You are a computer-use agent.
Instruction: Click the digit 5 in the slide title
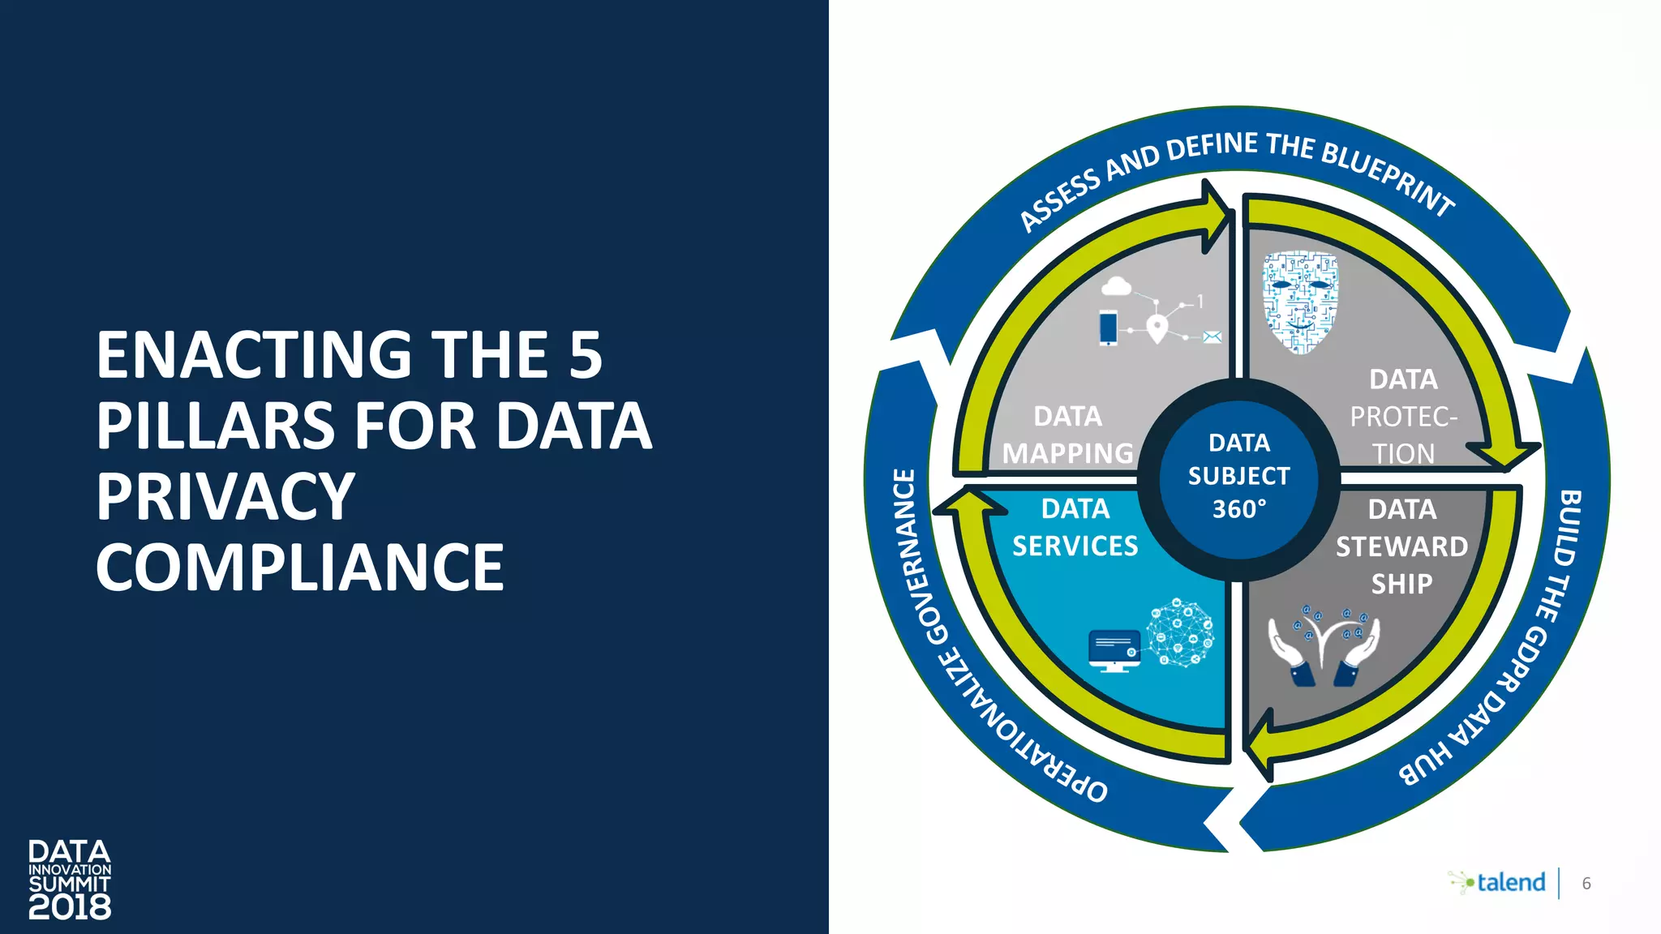click(586, 355)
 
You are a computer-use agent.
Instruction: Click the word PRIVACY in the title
click(225, 497)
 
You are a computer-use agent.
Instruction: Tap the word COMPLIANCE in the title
click(300, 568)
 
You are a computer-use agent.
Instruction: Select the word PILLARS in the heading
click(215, 426)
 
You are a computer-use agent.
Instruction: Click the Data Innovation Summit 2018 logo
click(70, 880)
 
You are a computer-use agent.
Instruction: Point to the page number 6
click(1586, 884)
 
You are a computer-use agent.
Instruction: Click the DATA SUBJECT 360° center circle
click(1238, 477)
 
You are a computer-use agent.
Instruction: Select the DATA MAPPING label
click(1067, 435)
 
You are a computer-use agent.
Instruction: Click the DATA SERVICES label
click(1075, 528)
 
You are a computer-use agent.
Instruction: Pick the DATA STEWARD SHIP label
click(1401, 546)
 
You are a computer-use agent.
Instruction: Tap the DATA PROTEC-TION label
click(1403, 417)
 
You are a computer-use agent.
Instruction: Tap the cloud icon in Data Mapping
click(1116, 286)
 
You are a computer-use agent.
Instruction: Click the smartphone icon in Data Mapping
click(1108, 328)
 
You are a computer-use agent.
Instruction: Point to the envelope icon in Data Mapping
click(1212, 338)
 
